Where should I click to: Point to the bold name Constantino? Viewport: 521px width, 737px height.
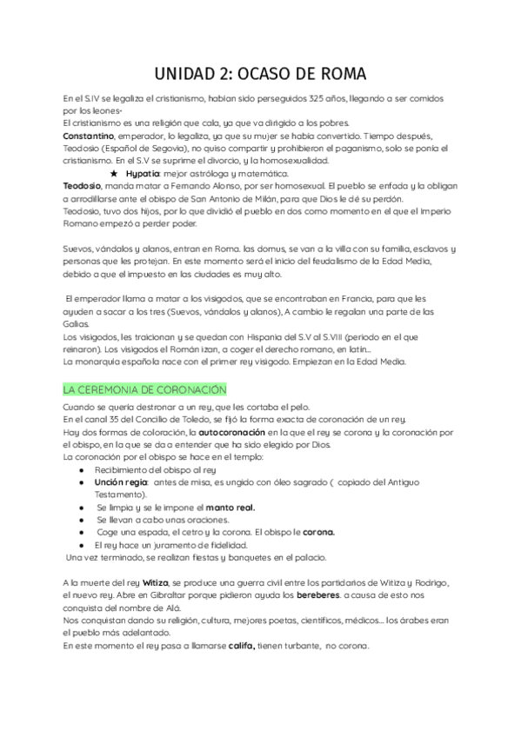tap(89, 136)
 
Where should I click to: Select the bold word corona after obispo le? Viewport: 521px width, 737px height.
tap(318, 532)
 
